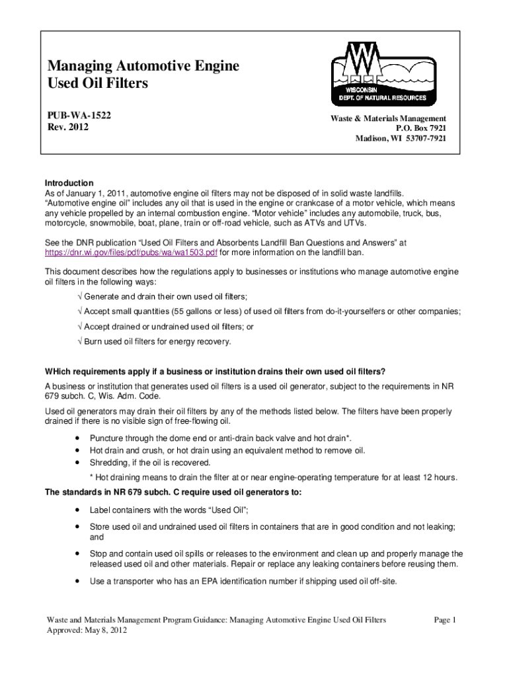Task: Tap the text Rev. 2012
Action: pos(66,127)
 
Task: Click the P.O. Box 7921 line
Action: pos(420,128)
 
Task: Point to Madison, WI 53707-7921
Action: pos(401,139)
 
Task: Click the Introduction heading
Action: pos(69,182)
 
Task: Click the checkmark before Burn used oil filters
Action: pos(80,342)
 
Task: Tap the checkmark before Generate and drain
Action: pos(80,296)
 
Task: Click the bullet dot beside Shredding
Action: pos(79,462)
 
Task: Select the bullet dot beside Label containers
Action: pos(79,510)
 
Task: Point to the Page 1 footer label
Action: pos(446,619)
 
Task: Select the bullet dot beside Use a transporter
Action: pos(79,581)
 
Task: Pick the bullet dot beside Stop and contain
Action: pos(79,553)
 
